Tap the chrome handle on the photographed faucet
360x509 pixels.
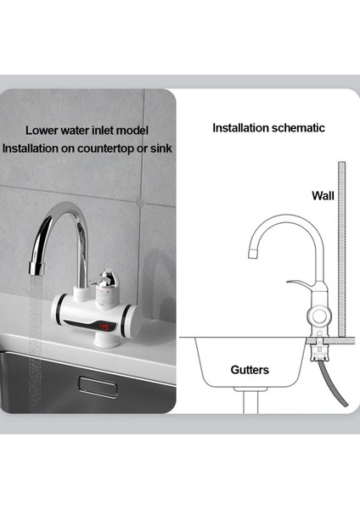[x=106, y=279]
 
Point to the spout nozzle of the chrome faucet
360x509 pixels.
[x=36, y=268]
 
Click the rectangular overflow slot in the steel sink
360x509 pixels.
[x=98, y=383]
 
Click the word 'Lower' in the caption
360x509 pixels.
[x=42, y=131]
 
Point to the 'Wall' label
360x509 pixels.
[x=323, y=195]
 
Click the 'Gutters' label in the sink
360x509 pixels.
[x=250, y=371]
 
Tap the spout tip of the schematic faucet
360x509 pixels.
[x=251, y=254]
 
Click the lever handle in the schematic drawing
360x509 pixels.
[x=299, y=283]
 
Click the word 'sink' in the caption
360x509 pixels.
[x=160, y=148]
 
